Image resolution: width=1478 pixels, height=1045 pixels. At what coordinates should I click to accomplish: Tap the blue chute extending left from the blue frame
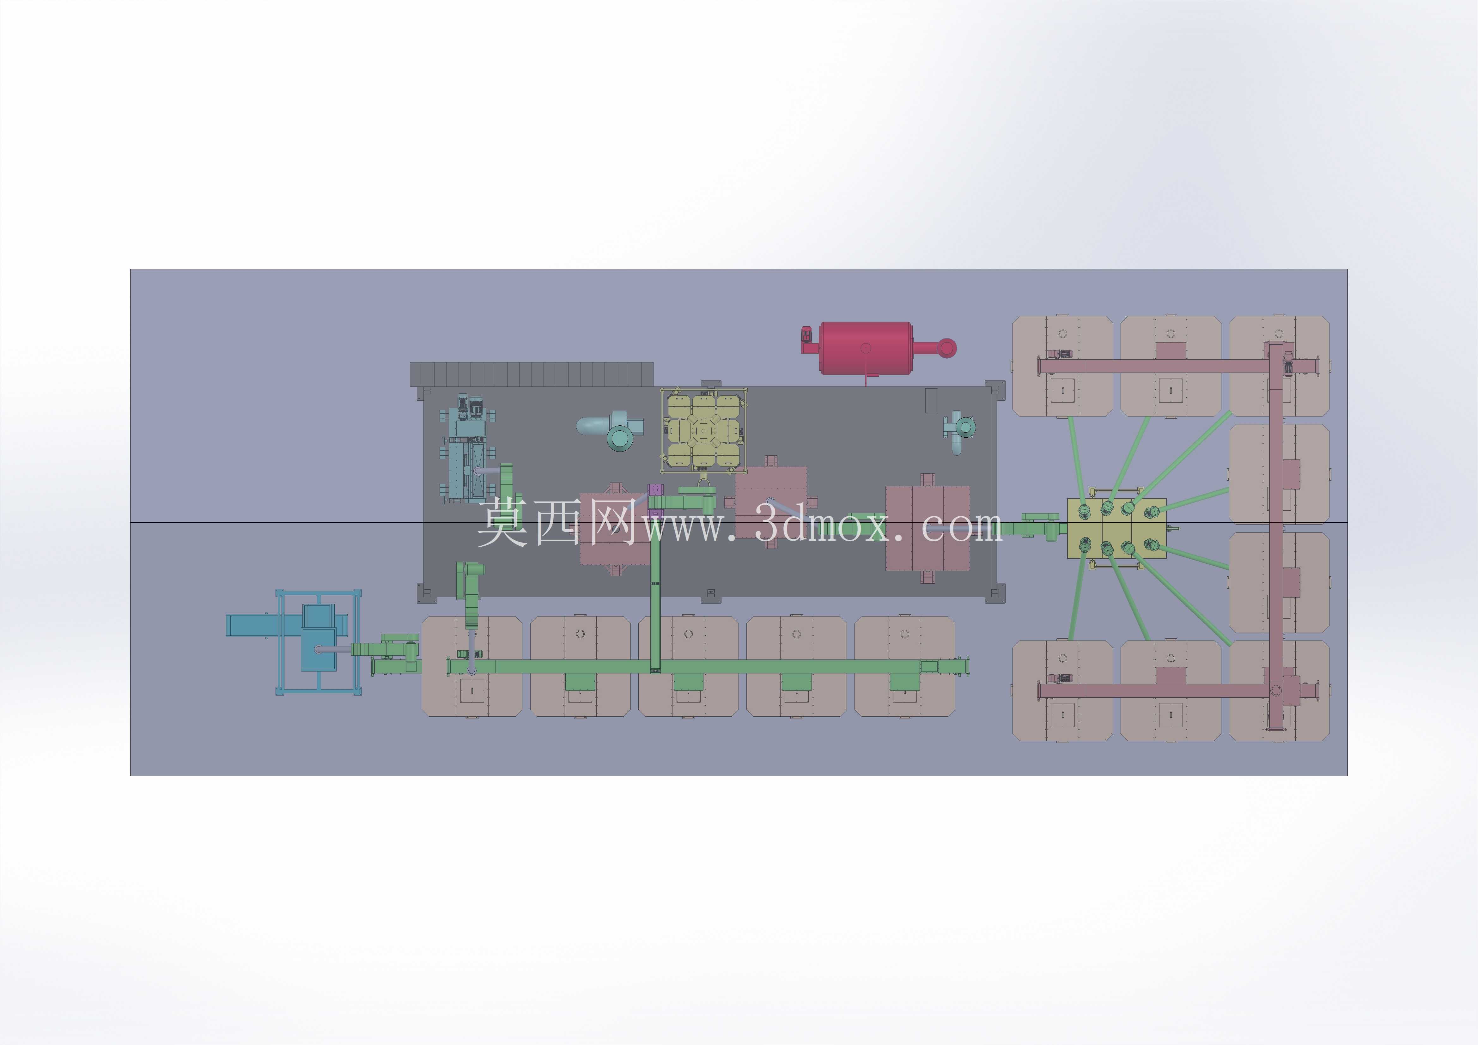(264, 625)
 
